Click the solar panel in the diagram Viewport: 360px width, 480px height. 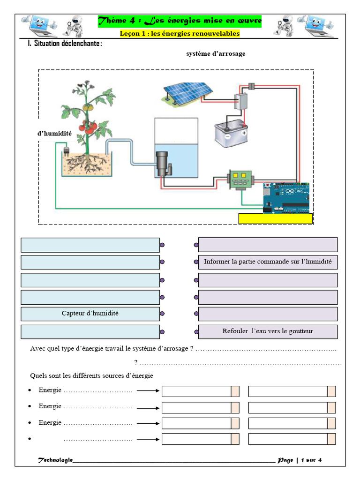[x=187, y=93]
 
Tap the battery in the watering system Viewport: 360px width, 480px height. [x=231, y=134]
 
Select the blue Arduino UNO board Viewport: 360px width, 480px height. [x=286, y=198]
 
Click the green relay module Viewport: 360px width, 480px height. [x=241, y=180]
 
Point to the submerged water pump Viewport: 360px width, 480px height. [x=163, y=164]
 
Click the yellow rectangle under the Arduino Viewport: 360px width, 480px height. [x=276, y=218]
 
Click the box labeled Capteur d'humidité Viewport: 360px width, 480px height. [x=90, y=314]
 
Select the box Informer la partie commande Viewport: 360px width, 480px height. [x=268, y=262]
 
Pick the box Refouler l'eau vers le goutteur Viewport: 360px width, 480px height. [x=268, y=331]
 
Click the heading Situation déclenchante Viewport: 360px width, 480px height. [x=65, y=44]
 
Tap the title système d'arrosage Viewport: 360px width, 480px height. [x=216, y=54]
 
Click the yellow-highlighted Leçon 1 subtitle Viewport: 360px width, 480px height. [x=180, y=33]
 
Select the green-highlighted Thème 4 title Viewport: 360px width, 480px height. [x=180, y=21]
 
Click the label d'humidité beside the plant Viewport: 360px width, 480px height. [x=54, y=134]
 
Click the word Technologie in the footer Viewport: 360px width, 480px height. [x=55, y=460]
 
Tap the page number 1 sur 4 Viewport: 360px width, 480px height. [x=311, y=460]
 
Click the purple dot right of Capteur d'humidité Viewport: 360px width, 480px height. [x=162, y=314]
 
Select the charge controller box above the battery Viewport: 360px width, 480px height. [x=241, y=101]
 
